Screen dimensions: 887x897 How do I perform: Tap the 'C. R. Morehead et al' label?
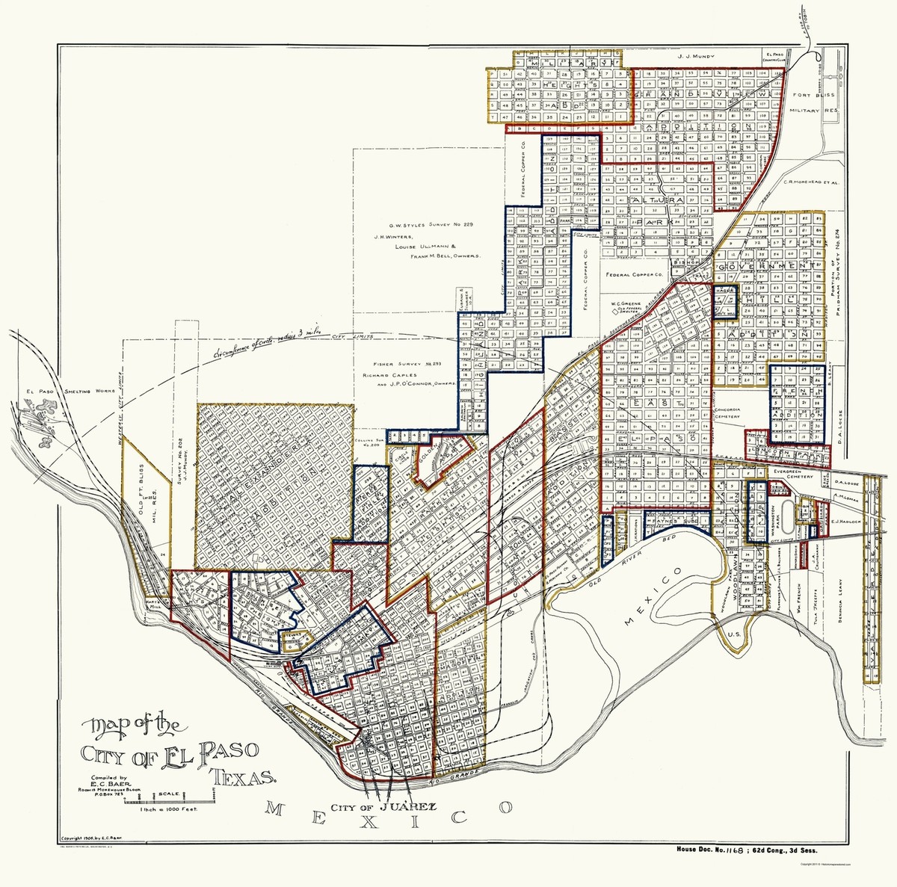pos(813,181)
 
